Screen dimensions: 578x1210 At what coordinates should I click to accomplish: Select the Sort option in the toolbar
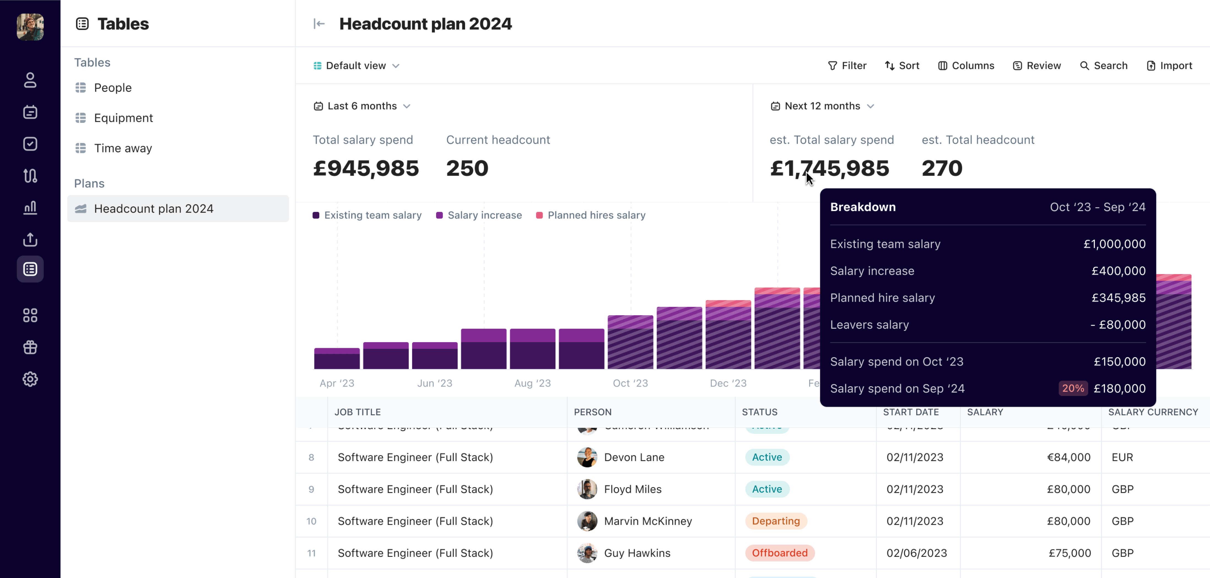[902, 66]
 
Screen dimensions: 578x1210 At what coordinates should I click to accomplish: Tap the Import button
[1169, 66]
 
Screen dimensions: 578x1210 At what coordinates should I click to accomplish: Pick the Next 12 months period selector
[822, 106]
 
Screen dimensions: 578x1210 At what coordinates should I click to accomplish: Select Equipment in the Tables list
[123, 118]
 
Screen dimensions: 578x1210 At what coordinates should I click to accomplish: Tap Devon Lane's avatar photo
[587, 457]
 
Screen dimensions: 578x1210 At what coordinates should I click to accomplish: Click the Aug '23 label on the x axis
[532, 383]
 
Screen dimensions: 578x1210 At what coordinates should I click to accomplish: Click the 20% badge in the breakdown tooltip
[1073, 388]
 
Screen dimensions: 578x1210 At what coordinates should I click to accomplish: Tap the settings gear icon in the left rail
[30, 379]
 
